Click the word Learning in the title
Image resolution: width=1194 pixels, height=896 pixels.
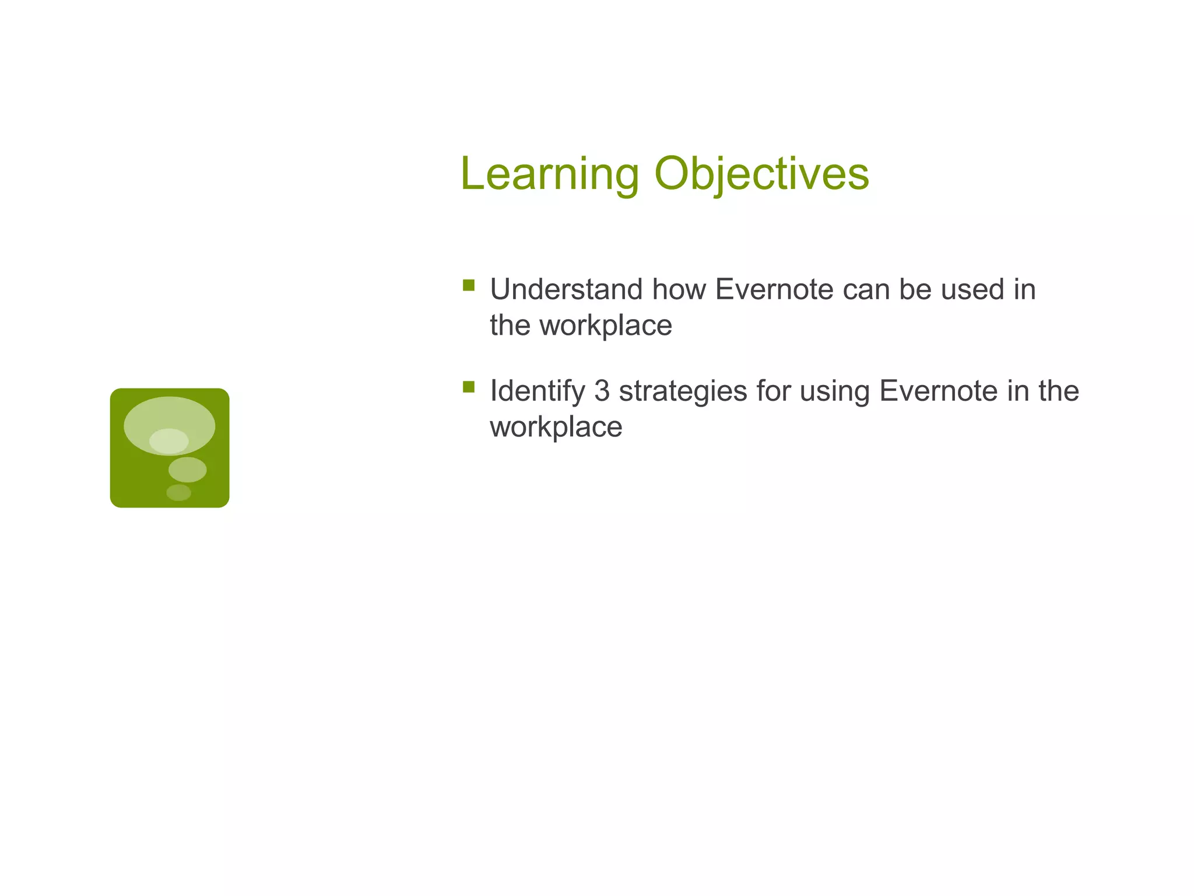[x=549, y=174]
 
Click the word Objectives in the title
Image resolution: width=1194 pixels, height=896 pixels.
[x=761, y=174]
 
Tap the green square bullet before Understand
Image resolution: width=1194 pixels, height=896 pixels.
[x=469, y=285]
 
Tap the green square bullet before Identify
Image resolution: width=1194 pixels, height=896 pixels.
[x=469, y=387]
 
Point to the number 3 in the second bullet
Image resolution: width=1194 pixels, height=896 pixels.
[x=602, y=391]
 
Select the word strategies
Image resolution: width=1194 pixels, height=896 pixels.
[x=683, y=392]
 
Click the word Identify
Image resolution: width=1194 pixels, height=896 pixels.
[x=537, y=392]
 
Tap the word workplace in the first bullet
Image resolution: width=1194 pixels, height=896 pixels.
[x=605, y=325]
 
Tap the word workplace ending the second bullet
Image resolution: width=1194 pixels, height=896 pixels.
[x=556, y=427]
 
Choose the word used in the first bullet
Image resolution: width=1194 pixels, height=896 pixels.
[x=972, y=289]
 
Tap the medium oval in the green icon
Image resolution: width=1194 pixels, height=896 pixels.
[x=187, y=470]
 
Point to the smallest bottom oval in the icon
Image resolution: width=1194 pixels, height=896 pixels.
[x=178, y=492]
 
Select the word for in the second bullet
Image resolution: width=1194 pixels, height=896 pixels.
[x=773, y=391]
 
